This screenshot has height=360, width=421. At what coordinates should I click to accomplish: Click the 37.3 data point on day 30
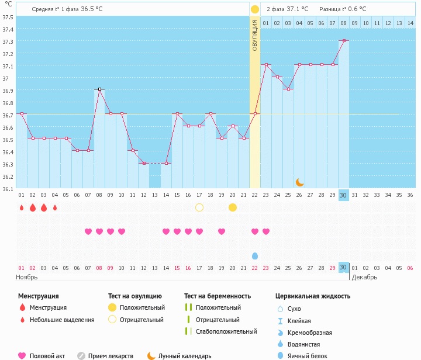pyautogui.click(x=344, y=40)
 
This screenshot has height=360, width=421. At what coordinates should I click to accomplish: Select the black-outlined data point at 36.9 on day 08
pyautogui.click(x=99, y=89)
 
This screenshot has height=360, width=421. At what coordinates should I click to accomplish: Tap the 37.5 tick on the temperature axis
pyautogui.click(x=8, y=17)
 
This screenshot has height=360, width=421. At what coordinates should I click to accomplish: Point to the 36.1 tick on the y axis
pyautogui.click(x=8, y=189)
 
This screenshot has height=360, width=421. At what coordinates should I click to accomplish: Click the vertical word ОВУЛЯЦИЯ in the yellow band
pyautogui.click(x=255, y=35)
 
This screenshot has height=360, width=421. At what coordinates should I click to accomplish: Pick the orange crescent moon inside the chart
pyautogui.click(x=299, y=182)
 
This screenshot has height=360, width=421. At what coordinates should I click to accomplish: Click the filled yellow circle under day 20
pyautogui.click(x=233, y=207)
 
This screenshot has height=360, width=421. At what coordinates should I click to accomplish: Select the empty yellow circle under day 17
pyautogui.click(x=199, y=207)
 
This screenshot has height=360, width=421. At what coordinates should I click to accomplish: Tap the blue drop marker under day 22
pyautogui.click(x=255, y=256)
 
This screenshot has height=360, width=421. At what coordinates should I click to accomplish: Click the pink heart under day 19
pyautogui.click(x=222, y=231)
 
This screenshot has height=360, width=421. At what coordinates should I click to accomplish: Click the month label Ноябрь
pyautogui.click(x=26, y=277)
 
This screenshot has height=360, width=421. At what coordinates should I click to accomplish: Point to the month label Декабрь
pyautogui.click(x=364, y=277)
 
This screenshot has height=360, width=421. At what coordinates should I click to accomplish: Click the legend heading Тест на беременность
pyautogui.click(x=218, y=296)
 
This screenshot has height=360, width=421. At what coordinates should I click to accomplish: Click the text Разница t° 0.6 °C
pyautogui.click(x=343, y=9)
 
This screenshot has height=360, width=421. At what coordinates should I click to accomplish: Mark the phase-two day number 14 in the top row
pyautogui.click(x=410, y=23)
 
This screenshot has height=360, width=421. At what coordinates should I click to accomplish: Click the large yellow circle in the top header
pyautogui.click(x=255, y=10)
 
